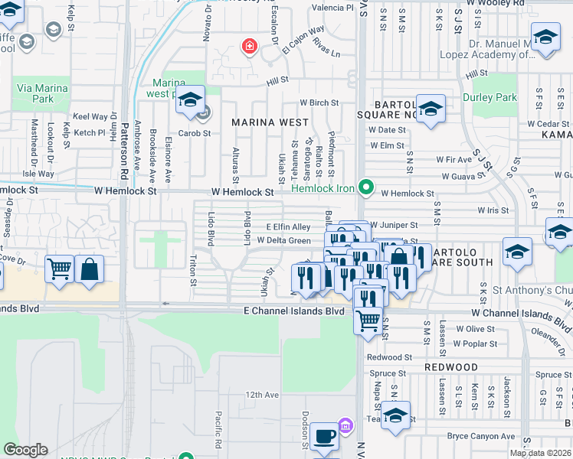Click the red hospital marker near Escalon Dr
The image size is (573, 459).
[x=249, y=47]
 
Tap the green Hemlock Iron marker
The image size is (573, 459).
[x=366, y=186]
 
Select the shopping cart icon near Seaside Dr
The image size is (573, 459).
[x=59, y=269]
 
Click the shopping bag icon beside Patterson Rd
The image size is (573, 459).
[x=90, y=269]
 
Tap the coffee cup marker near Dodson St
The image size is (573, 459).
[x=325, y=437]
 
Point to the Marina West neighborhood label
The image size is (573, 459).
[x=270, y=122]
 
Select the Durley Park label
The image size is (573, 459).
[x=490, y=98]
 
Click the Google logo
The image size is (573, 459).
[x=25, y=450]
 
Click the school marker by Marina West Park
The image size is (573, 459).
[x=190, y=99]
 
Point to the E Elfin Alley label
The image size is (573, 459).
[x=288, y=227]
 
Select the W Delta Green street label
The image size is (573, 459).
[x=283, y=240]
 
